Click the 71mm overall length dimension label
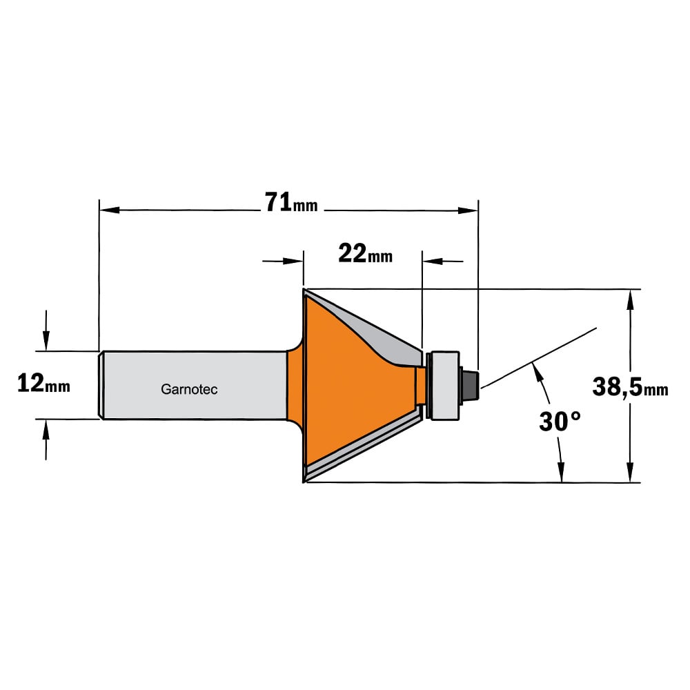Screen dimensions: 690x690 tap(291, 202)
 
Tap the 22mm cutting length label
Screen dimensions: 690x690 tap(365, 253)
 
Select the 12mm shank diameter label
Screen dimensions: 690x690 tap(43, 383)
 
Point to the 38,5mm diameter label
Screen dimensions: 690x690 tap(630, 387)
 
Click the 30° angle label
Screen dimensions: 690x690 tap(560, 421)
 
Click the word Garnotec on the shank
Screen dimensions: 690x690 tap(189, 389)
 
